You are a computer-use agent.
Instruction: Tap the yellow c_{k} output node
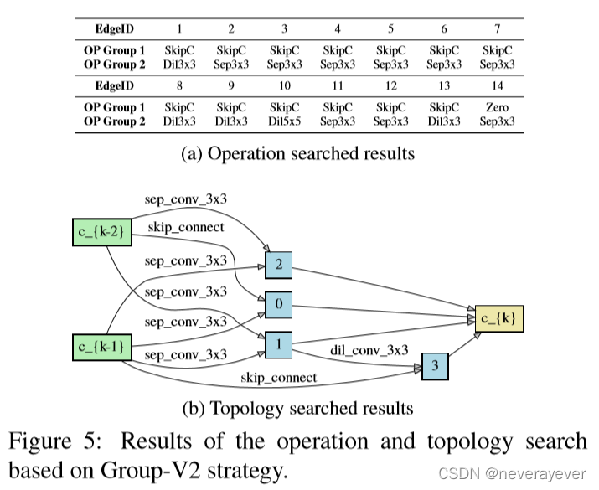pos(501,317)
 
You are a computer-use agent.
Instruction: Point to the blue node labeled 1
pos(278,343)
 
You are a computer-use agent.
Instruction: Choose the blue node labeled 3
pos(434,366)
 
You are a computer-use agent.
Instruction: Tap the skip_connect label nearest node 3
pos(278,378)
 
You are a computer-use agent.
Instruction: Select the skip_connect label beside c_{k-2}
pos(186,228)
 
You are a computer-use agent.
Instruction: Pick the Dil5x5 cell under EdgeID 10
pos(285,122)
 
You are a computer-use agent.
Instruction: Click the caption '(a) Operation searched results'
pos(298,154)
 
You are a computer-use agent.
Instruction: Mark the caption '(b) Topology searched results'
pos(298,409)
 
